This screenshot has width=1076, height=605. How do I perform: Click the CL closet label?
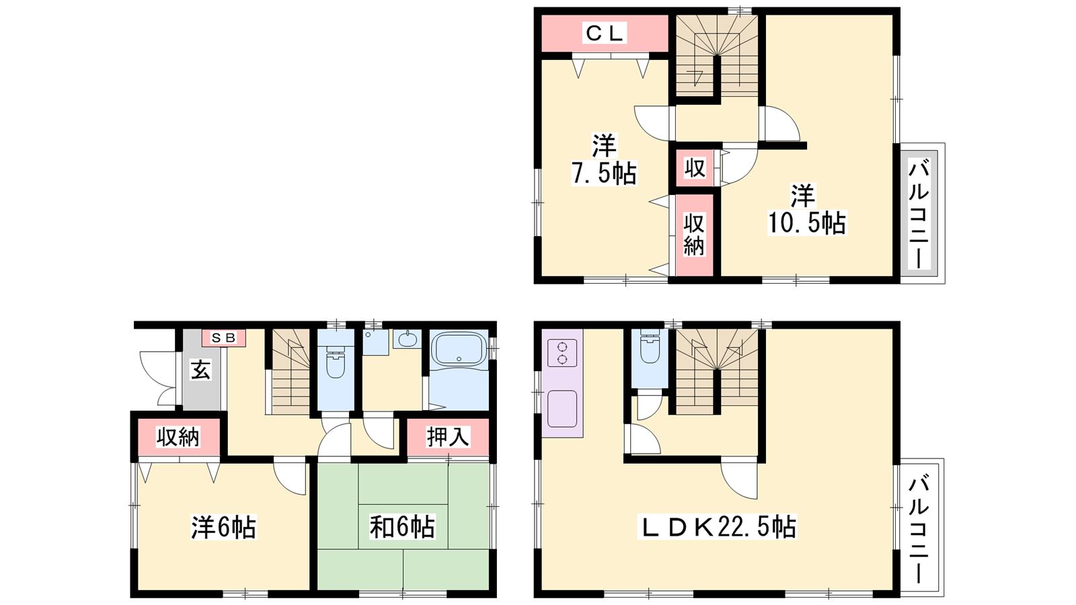point(605,33)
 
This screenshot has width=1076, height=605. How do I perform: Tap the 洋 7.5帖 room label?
point(604,159)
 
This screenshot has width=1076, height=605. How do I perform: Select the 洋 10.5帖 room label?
point(806,209)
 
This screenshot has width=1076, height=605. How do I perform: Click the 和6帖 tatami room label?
point(403,527)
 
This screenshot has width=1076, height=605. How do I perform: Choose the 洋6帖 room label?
point(223,527)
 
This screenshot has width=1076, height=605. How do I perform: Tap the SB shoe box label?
point(224,338)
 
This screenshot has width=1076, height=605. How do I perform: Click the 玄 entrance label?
point(201,370)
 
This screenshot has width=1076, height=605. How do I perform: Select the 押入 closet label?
point(448,437)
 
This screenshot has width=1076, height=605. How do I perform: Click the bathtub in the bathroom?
point(459,349)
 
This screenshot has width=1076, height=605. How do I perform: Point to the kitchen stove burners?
point(562,353)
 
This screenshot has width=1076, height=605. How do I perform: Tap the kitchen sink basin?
point(562,409)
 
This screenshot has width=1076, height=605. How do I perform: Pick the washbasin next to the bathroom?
point(408,339)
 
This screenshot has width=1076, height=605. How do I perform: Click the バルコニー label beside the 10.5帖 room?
point(918,214)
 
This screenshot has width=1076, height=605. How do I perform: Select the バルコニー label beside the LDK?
point(918,528)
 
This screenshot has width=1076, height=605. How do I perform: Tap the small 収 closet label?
point(695,168)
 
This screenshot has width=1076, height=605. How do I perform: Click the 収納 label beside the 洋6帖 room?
point(178,437)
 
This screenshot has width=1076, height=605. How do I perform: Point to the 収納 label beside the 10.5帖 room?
point(694,235)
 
